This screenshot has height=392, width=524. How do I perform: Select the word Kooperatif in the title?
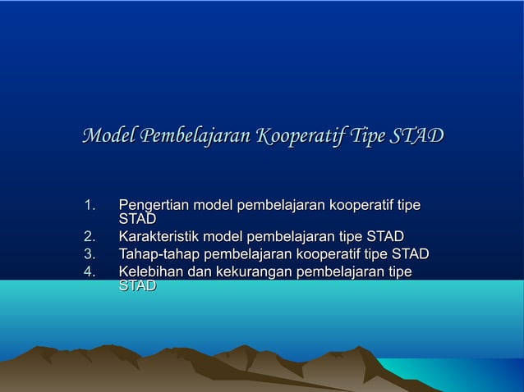coord(299,135)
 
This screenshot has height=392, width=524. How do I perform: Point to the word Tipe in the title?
coord(365,135)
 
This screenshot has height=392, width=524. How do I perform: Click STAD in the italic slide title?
coord(416,135)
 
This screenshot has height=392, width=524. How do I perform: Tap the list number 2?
coord(90,237)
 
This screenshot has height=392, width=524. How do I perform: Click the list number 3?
coord(90,254)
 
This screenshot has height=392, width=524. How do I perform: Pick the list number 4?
coord(90,271)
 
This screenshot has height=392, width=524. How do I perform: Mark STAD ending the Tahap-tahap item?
coord(410,254)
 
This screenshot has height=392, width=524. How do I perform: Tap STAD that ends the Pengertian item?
coord(137,219)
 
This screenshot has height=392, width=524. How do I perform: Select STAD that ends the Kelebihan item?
coord(137,286)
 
